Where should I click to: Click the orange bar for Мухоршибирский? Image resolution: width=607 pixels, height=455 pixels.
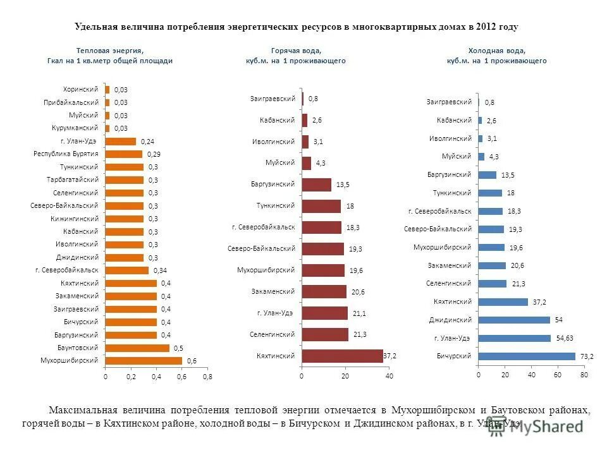(144, 360)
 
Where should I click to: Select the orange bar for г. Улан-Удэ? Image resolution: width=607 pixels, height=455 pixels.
(121, 141)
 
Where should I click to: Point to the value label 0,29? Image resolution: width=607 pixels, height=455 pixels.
(154, 154)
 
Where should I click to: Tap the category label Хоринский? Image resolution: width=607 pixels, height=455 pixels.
(80, 89)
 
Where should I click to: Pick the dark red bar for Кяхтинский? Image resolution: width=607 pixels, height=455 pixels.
(342, 356)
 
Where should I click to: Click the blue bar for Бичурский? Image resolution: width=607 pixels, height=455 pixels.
(527, 356)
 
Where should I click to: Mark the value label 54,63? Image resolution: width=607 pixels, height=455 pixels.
(564, 339)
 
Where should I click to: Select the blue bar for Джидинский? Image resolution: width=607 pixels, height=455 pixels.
(514, 320)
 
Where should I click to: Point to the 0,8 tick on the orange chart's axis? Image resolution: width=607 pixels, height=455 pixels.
(207, 377)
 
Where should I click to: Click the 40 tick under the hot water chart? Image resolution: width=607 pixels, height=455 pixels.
(389, 377)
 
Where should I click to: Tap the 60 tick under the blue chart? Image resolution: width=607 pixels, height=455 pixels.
(558, 375)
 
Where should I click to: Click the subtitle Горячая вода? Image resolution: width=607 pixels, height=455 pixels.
(295, 50)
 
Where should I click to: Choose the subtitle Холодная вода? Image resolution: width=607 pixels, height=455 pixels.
(496, 50)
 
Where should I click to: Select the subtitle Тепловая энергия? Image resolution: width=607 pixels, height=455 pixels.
(109, 50)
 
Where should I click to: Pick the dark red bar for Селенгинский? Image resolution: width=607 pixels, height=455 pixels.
(325, 334)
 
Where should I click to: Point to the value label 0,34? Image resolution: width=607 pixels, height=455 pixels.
(160, 270)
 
